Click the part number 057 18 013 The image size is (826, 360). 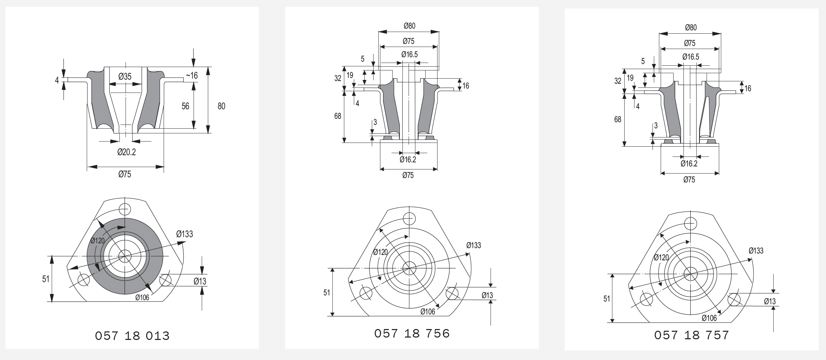[132, 336]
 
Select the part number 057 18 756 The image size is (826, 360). [412, 333]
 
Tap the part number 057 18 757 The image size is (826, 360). [692, 335]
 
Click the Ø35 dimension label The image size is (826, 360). [125, 76]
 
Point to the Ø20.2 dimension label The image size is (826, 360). [127, 152]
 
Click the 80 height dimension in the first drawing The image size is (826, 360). [221, 106]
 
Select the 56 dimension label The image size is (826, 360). [185, 106]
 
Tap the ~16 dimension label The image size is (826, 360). [191, 75]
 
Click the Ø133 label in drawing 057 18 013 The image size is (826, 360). [184, 234]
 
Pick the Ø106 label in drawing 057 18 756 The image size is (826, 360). [428, 311]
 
